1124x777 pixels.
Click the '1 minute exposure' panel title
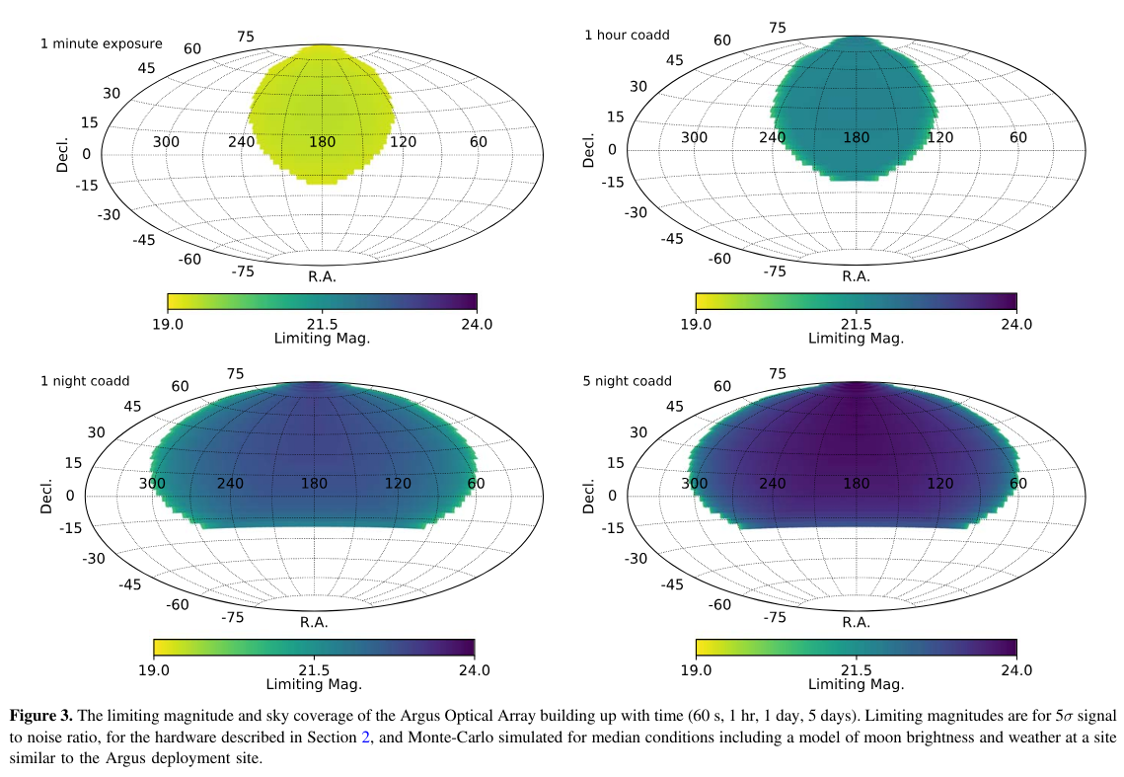(x=102, y=44)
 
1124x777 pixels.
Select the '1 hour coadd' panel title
(x=627, y=36)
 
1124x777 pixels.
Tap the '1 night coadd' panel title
(x=85, y=381)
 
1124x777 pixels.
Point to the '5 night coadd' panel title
(x=627, y=381)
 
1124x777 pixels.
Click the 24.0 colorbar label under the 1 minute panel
(x=477, y=325)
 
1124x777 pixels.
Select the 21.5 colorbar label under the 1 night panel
(x=314, y=669)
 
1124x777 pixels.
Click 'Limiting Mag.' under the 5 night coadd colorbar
(x=856, y=684)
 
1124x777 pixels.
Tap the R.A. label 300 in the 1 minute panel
(x=166, y=142)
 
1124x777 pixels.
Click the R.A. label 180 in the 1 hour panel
(x=856, y=137)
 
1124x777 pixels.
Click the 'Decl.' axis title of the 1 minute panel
(x=61, y=155)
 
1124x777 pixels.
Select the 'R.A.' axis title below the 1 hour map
(x=856, y=276)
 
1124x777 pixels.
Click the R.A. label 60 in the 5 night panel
(x=1017, y=484)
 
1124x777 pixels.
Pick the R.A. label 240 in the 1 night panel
(x=230, y=484)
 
